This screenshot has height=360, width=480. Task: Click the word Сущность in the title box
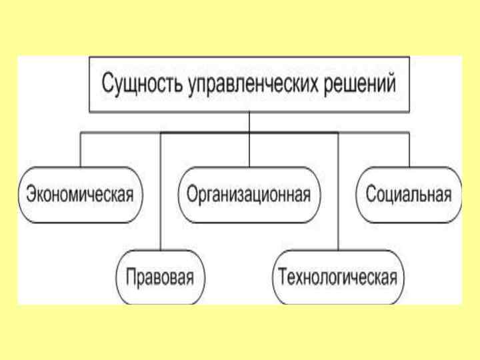coord(136,85)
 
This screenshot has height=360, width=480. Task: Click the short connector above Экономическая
coord(81,150)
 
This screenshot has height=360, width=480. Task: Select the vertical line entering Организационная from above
coord(249,150)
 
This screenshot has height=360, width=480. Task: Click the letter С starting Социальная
coord(371,195)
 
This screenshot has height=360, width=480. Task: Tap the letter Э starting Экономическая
coord(31,195)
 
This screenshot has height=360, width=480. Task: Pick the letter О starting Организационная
coord(192,195)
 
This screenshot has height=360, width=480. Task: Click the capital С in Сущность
coord(107,85)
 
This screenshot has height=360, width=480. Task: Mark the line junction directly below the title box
coord(249,133)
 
